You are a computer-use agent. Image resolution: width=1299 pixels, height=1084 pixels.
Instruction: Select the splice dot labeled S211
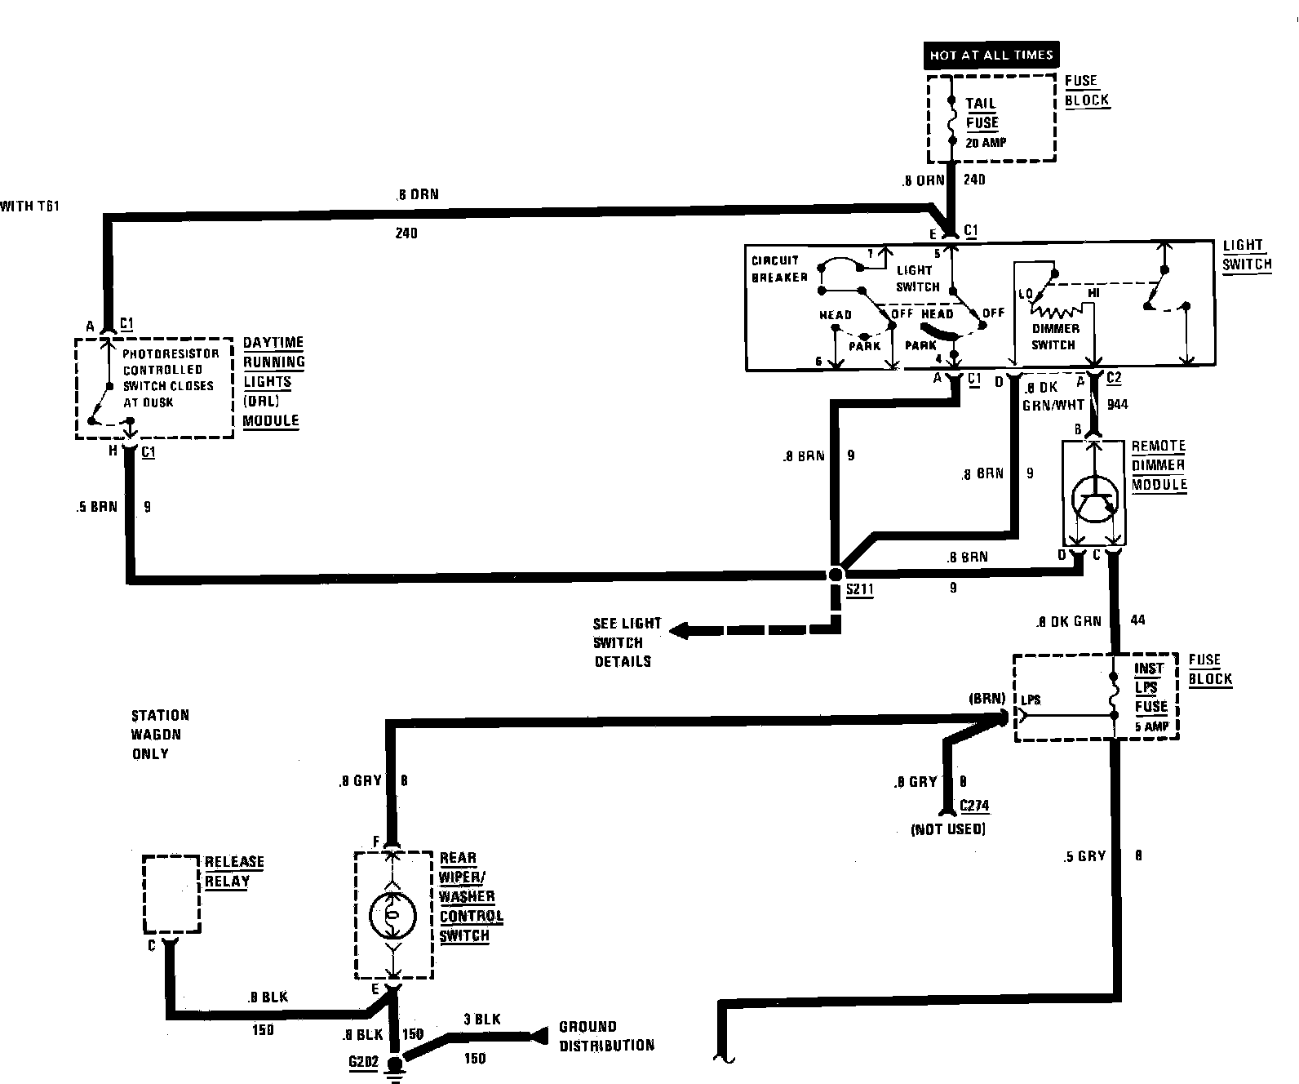coord(835,575)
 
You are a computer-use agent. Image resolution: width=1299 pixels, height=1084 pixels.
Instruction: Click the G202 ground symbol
coord(395,1066)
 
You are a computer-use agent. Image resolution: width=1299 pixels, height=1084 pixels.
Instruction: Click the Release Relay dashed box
coord(171,894)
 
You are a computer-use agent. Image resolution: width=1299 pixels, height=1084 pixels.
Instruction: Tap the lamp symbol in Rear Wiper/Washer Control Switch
coord(392,916)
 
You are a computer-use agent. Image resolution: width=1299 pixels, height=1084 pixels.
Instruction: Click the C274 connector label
coord(974,806)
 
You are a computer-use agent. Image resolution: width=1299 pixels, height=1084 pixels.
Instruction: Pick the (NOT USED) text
coord(947,829)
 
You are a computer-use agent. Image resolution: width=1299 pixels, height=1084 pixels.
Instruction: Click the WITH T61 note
coord(29,207)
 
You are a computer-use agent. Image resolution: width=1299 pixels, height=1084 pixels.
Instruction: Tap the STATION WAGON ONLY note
coord(160,734)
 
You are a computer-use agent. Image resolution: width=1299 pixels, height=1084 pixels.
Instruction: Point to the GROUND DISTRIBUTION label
coord(605,1035)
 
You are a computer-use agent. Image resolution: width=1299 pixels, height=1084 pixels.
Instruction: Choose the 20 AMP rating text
coord(986,142)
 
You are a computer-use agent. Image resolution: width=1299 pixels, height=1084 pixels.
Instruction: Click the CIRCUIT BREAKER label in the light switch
coord(779,269)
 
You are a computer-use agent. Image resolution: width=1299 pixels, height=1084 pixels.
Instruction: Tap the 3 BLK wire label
coord(481,1019)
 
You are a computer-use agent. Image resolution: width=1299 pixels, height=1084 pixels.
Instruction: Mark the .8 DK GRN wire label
coord(1068,620)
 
